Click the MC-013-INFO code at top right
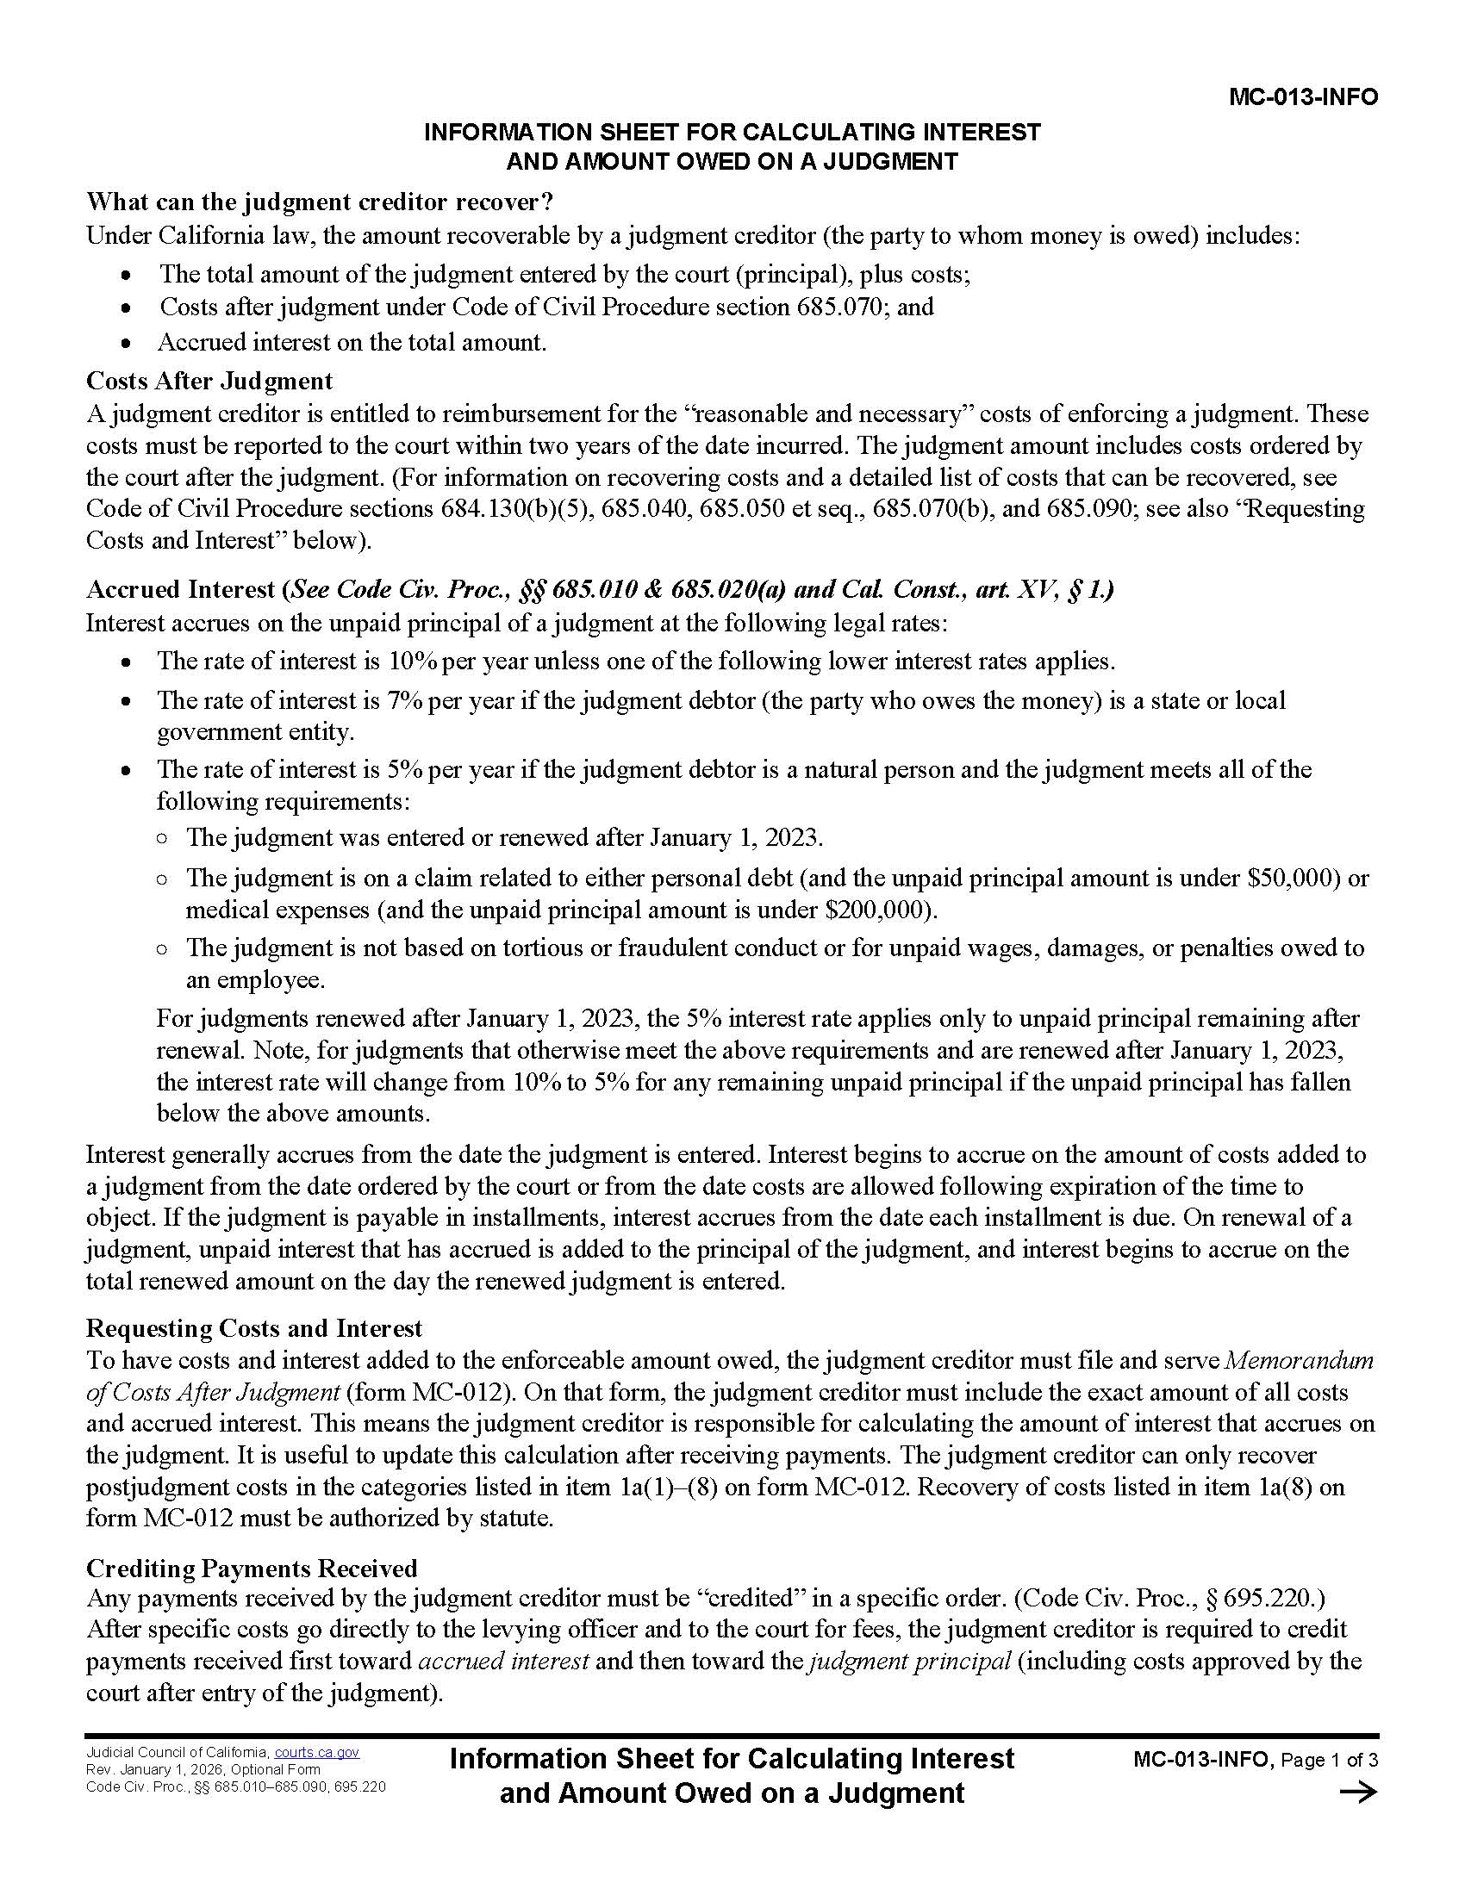pos(1303,97)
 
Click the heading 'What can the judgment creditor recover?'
pos(320,202)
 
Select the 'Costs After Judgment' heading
pos(209,381)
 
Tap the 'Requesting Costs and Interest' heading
pos(253,1328)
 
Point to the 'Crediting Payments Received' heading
pos(252,1568)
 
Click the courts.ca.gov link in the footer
pos(317,1752)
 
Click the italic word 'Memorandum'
pos(1300,1360)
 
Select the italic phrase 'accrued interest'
pos(504,1661)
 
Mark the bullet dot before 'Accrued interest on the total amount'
pos(128,344)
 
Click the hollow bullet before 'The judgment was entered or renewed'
pos(162,839)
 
